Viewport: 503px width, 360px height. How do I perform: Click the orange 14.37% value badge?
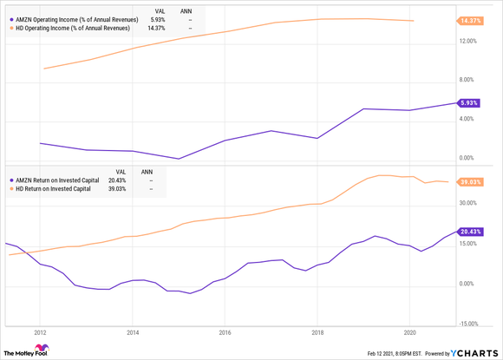pyautogui.click(x=472, y=21)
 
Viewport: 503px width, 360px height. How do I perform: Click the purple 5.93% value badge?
pyautogui.click(x=470, y=102)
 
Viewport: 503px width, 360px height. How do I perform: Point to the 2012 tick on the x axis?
pyautogui.click(x=40, y=331)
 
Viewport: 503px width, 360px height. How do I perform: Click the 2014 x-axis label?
pyautogui.click(x=133, y=331)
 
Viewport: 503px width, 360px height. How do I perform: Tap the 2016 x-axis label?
pyautogui.click(x=225, y=331)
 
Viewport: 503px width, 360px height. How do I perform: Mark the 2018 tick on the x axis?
pyautogui.click(x=317, y=331)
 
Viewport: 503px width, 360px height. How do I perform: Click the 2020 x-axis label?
pyautogui.click(x=409, y=331)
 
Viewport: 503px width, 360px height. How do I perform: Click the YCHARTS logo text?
pyautogui.click(x=479, y=352)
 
